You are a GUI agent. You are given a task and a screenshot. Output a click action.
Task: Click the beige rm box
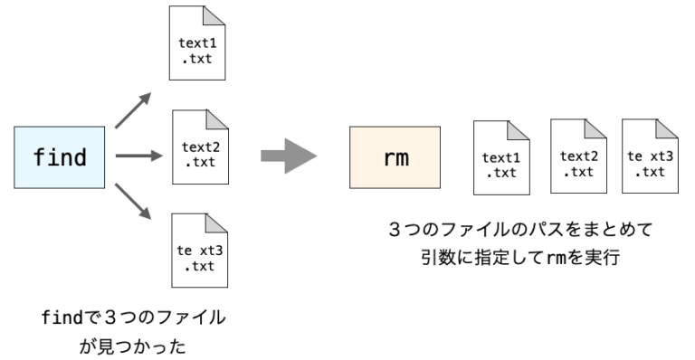(395, 157)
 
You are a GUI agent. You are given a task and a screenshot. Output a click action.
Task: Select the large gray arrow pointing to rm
(289, 157)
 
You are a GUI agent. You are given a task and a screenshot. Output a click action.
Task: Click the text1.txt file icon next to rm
(501, 158)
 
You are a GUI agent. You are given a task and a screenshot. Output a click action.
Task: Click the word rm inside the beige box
(395, 157)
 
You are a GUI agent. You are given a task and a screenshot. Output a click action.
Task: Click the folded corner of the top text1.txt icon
(214, 15)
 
